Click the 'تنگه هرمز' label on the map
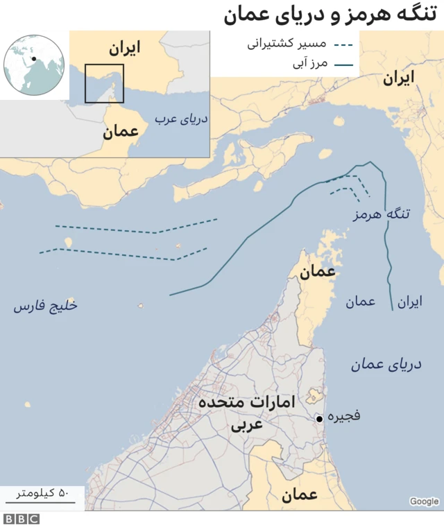381,214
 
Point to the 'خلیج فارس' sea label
45,306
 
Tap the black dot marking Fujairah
318,419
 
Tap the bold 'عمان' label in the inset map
121,132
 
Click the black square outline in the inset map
104,83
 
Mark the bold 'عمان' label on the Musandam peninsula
317,272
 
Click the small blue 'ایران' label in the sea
409,302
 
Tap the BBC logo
21,519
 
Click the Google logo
424,501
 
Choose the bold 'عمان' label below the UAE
299,494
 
